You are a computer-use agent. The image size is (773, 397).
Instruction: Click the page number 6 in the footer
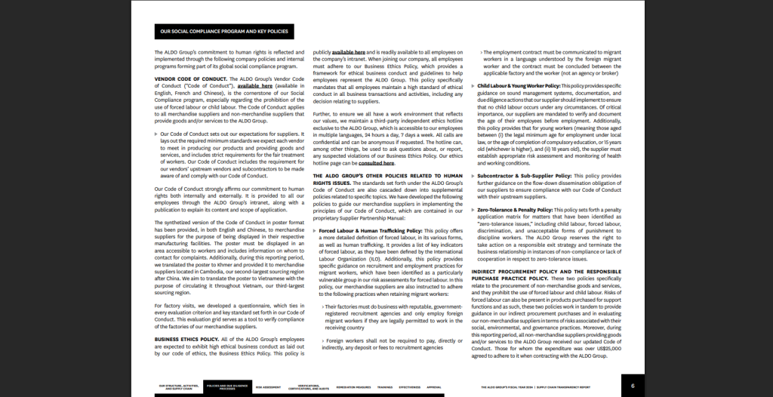coord(633,386)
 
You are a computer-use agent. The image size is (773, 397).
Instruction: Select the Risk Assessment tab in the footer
coord(268,386)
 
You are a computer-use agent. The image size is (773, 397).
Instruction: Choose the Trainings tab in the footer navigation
coord(385,386)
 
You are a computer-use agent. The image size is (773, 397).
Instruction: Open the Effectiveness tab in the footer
coord(410,386)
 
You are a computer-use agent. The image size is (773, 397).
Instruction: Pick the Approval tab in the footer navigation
coord(434,386)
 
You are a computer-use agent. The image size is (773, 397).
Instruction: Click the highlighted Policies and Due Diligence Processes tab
coord(227,386)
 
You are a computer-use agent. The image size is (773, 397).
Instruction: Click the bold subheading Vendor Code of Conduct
coord(189,78)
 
